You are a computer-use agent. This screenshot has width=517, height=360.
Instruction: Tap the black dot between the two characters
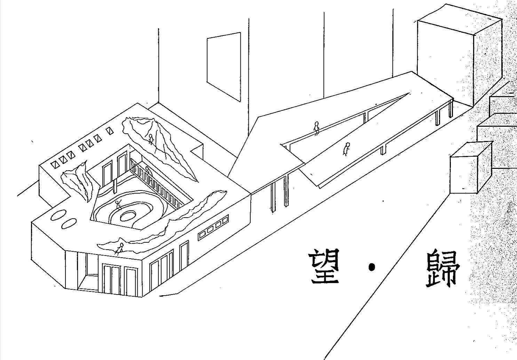click(x=372, y=267)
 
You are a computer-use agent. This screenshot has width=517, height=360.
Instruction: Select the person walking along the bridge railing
click(x=316, y=128)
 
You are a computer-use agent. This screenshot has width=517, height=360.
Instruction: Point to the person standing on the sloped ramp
click(x=346, y=149)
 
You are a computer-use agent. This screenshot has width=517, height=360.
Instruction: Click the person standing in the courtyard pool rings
click(x=118, y=205)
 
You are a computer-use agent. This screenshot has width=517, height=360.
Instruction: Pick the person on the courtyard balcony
click(x=148, y=171)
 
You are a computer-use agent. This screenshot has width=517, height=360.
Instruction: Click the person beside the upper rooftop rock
click(x=151, y=139)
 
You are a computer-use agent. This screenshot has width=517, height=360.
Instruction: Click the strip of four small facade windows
click(x=213, y=228)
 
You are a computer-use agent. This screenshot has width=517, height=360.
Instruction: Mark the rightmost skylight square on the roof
click(x=110, y=131)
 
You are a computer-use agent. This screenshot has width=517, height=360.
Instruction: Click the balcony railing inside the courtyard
click(x=157, y=185)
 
